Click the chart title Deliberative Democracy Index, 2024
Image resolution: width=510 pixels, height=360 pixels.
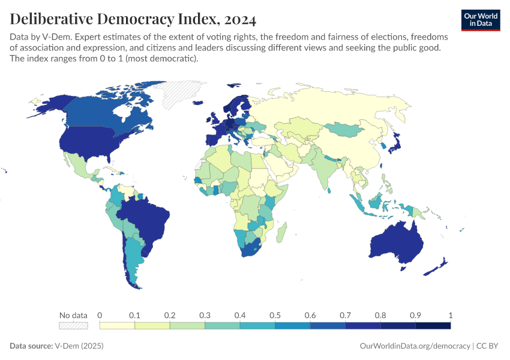coord(133,19)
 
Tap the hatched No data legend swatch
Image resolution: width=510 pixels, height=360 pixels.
coord(73,325)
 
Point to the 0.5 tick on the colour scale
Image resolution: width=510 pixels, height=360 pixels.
coord(275,315)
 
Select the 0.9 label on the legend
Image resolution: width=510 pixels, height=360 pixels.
coord(415,315)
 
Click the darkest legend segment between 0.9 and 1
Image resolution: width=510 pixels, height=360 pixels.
coord(433,325)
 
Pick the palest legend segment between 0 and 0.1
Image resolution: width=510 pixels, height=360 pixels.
coord(117,325)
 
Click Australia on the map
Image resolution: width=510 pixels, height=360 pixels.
coord(397,243)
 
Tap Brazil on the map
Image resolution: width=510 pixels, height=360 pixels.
coord(147,216)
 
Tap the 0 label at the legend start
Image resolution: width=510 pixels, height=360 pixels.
coord(100,315)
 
